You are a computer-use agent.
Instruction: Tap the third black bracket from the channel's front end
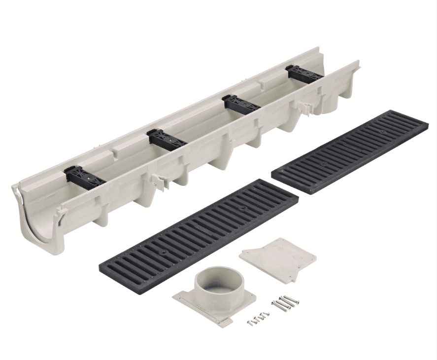tap(241, 103)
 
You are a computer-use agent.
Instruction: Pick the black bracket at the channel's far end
tap(304, 73)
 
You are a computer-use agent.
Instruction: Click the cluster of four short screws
tap(258, 318)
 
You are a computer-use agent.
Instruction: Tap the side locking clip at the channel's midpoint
tap(160, 180)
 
